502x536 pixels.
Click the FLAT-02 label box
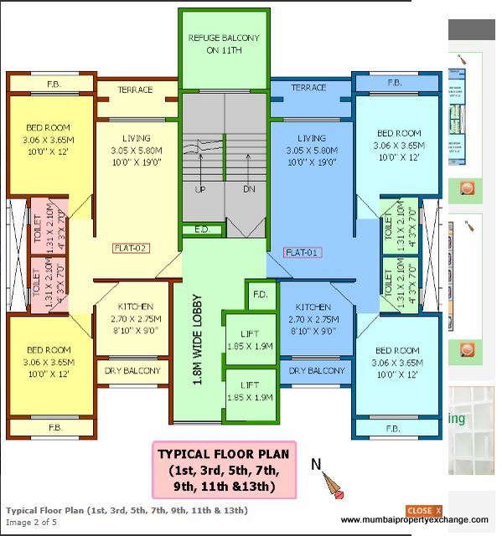pos(131,248)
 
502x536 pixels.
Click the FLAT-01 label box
pos(303,252)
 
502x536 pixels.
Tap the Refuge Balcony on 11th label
pos(224,44)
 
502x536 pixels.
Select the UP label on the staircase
pos(200,189)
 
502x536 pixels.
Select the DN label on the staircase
pos(248,189)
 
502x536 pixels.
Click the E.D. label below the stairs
pos(201,229)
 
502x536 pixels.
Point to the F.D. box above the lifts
pos(260,294)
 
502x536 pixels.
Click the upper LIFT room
pos(250,340)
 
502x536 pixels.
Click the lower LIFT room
pos(250,391)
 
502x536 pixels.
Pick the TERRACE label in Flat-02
pos(135,90)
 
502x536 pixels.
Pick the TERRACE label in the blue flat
pos(308,88)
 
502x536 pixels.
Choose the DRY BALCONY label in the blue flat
pos(317,370)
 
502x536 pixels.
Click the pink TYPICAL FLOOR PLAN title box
pos(224,470)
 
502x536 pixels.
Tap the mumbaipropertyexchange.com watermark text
pos(413,520)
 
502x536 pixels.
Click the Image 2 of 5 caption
pos(32,523)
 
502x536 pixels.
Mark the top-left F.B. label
pos(53,84)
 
